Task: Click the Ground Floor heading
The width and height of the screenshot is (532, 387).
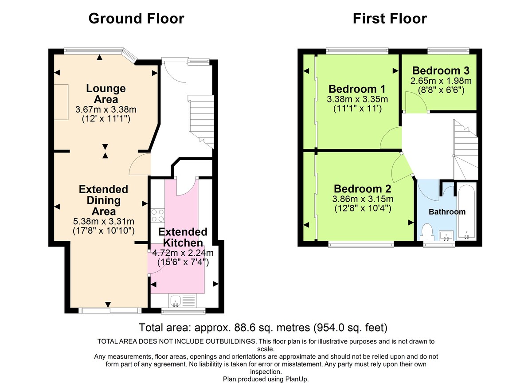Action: (x=136, y=18)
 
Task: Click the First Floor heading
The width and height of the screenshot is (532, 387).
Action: (x=390, y=18)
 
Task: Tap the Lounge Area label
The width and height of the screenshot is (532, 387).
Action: (x=106, y=94)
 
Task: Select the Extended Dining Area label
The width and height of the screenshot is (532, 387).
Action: (x=103, y=200)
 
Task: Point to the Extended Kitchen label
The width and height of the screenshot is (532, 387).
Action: (x=183, y=237)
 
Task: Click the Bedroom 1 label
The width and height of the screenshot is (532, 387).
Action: (x=356, y=88)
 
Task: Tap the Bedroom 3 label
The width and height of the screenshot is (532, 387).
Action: (x=441, y=70)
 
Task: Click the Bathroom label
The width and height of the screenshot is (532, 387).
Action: (x=447, y=211)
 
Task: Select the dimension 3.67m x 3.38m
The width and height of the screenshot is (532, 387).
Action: (x=106, y=109)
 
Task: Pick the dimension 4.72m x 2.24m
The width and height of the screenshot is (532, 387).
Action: (x=183, y=253)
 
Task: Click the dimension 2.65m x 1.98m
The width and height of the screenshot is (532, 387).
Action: (x=441, y=81)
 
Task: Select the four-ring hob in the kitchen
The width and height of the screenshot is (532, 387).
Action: (x=157, y=215)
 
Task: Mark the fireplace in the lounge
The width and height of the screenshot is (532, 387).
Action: (x=61, y=102)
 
